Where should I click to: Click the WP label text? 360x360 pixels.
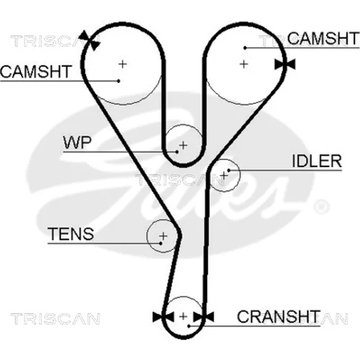click(77, 143)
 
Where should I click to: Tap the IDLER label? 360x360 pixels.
click(317, 161)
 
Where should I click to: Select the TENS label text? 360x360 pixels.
click(71, 234)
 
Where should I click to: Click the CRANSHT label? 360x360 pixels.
click(279, 316)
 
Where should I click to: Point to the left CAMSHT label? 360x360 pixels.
click(36, 71)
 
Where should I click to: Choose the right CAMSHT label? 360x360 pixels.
click(323, 38)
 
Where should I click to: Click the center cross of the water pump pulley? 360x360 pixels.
click(183, 145)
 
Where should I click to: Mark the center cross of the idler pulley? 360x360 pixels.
click(224, 176)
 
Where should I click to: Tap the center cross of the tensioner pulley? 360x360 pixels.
click(163, 236)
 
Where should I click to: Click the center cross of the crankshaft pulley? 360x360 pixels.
click(183, 316)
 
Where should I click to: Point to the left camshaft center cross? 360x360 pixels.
click(122, 64)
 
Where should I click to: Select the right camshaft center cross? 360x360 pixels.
click(244, 64)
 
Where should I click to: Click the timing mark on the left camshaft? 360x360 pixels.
click(89, 40)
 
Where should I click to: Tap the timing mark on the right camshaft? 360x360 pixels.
click(285, 64)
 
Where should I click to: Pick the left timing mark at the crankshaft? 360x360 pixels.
click(163, 317)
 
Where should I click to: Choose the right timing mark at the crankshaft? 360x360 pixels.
click(204, 317)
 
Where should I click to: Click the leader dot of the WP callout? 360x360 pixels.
click(177, 152)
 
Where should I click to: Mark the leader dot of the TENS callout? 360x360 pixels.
click(161, 243)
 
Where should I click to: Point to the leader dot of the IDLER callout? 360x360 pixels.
click(229, 171)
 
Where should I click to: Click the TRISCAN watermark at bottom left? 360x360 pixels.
click(55, 319)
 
